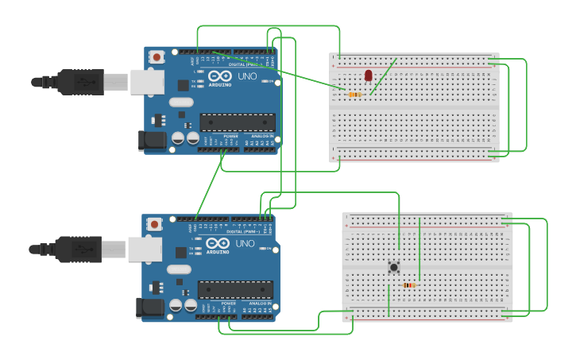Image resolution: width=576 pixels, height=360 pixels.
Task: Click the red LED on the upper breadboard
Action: coord(368,75)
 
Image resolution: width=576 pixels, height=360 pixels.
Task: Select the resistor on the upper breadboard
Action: coord(354,95)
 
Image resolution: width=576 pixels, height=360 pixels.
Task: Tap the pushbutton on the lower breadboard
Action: coord(393,267)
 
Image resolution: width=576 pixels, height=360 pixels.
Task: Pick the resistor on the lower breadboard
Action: coord(409,285)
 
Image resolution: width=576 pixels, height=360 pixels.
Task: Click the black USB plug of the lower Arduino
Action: coord(76,250)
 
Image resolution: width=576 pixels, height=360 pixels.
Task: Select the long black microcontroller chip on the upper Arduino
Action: coord(238,122)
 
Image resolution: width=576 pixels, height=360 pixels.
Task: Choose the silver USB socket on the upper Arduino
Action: coord(147,81)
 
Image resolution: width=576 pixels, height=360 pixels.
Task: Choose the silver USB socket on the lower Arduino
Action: coord(145,250)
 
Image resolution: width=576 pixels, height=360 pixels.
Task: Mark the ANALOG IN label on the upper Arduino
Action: coord(262,137)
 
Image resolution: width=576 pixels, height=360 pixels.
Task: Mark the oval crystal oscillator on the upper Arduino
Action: coord(181,102)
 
